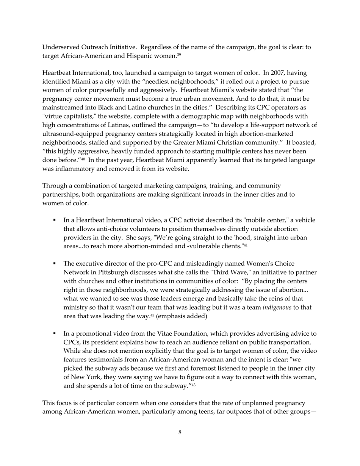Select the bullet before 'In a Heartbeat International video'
point(55,220)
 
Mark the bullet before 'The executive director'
point(55,263)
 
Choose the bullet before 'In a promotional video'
point(55,334)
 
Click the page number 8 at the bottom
point(180,432)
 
